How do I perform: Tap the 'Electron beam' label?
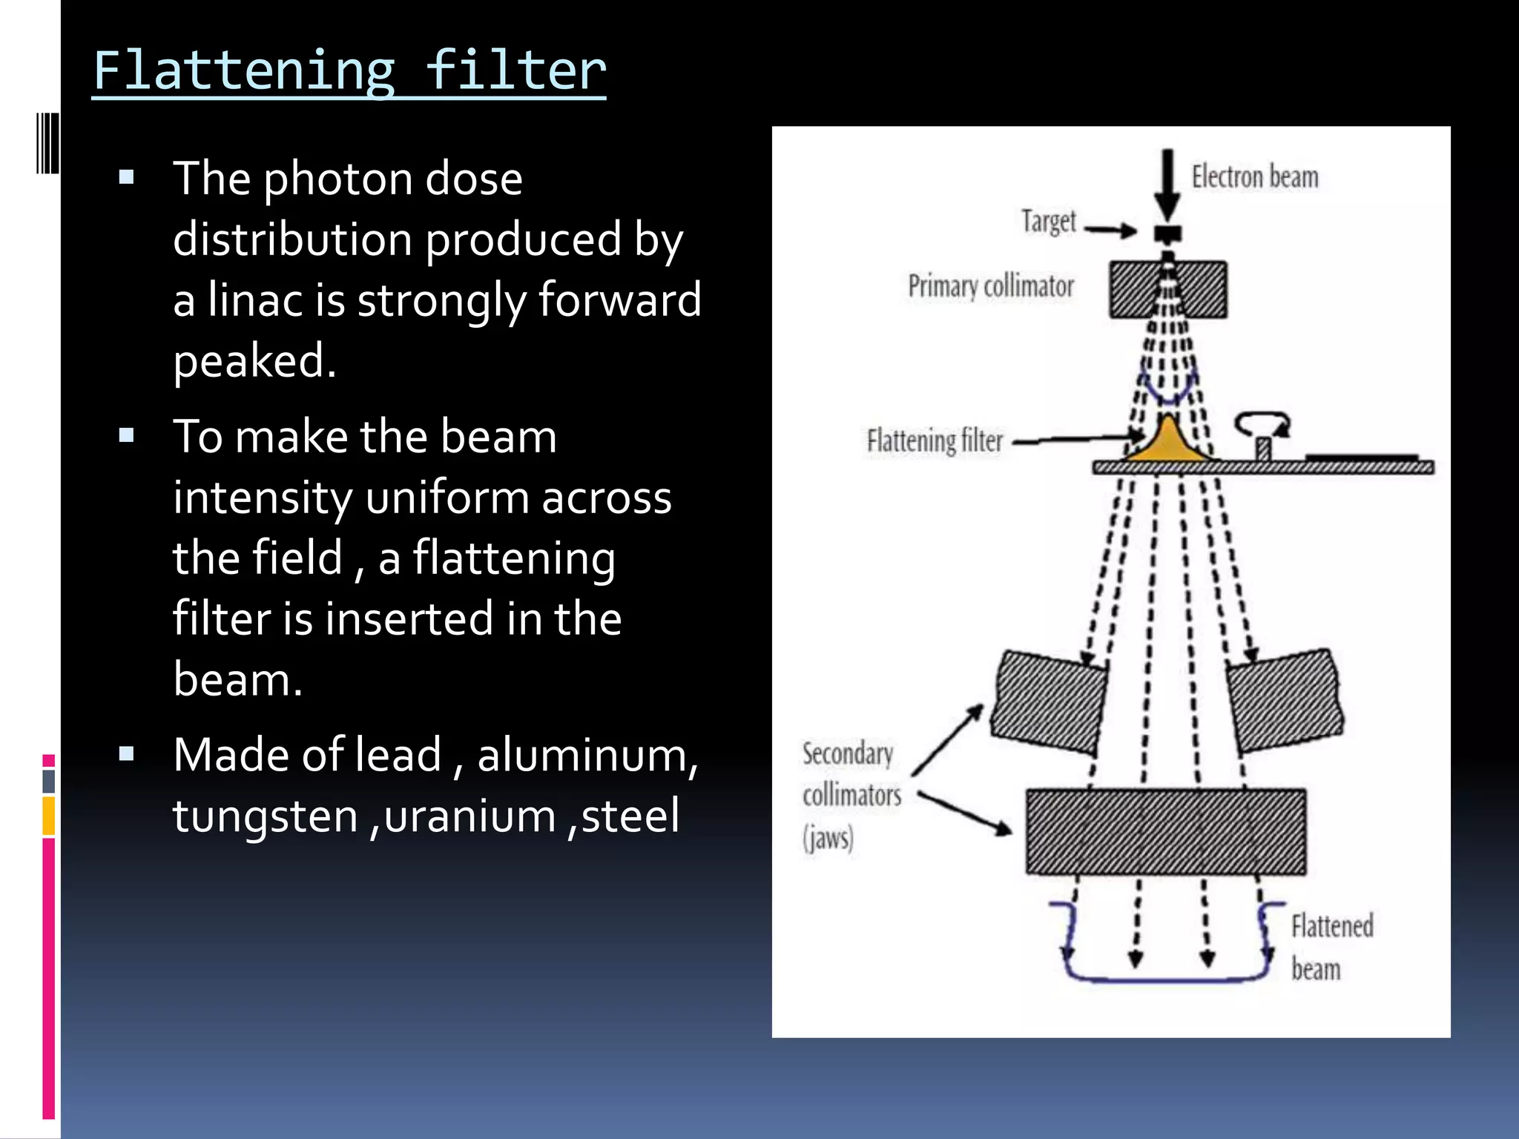click(x=1255, y=177)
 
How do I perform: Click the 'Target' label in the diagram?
click(x=1048, y=221)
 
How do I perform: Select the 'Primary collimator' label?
click(x=991, y=286)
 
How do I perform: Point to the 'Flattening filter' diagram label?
click(x=935, y=440)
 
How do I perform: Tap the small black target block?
click(x=1167, y=234)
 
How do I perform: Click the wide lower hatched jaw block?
click(x=1166, y=832)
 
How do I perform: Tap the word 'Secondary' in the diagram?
click(x=848, y=754)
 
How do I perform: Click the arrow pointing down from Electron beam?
click(x=1167, y=182)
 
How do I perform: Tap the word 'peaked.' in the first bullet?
click(x=254, y=361)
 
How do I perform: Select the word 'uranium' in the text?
click(x=469, y=816)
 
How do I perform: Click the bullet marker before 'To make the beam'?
click(x=126, y=435)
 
